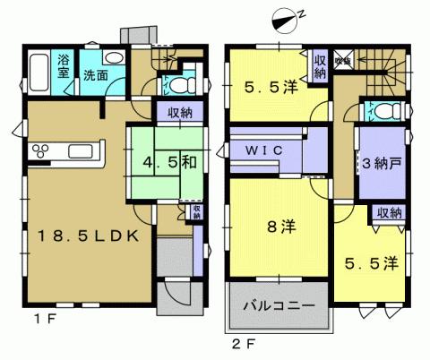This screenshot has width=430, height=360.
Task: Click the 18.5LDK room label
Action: click(86, 236)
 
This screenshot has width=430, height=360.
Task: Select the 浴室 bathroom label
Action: click(64, 67)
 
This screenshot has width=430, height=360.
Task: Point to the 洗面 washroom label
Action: click(97, 75)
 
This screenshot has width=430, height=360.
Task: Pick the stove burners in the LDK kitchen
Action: click(43, 149)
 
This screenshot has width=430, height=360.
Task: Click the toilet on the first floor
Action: click(179, 86)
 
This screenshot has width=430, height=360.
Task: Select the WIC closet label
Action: click(265, 151)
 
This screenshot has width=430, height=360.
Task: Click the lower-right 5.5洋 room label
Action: click(371, 264)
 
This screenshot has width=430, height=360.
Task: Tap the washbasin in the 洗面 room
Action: click(115, 56)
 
